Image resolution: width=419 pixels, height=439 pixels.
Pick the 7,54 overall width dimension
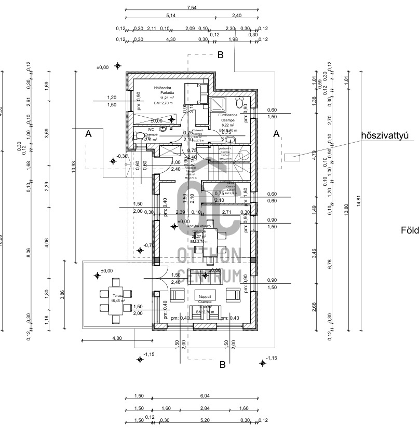(192, 8)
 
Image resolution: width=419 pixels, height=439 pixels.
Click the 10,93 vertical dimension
(74, 167)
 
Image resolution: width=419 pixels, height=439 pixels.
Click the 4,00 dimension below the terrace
(117, 338)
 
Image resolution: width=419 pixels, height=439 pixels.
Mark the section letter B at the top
(220, 54)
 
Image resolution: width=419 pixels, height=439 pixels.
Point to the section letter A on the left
(88, 134)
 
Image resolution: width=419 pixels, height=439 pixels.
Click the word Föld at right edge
(409, 230)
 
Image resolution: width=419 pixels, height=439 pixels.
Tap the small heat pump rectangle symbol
(292, 156)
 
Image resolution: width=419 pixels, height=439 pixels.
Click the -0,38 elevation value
(123, 156)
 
